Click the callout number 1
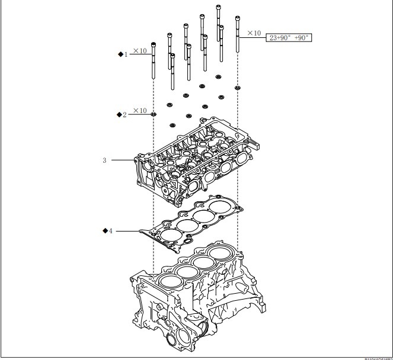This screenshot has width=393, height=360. tap(125, 54)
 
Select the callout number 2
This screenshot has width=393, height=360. tap(124, 114)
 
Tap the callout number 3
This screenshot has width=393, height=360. tap(104, 160)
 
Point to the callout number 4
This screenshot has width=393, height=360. tap(110, 230)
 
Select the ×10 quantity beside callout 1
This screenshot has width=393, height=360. tap(140, 51)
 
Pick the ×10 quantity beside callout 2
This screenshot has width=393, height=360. tap(140, 111)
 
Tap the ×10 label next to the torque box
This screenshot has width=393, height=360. tap(254, 33)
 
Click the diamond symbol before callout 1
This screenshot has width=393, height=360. tap(119, 54)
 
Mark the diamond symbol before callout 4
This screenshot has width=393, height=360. tap(104, 230)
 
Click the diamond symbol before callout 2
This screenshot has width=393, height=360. tap(119, 114)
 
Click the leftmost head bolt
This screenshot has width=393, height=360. tap(154, 62)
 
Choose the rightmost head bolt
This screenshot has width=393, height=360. tap(237, 36)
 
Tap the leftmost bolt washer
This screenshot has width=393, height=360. tap(154, 114)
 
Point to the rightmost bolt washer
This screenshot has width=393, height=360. tap(237, 88)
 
